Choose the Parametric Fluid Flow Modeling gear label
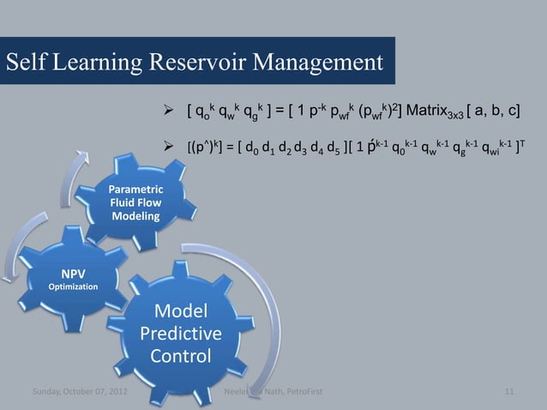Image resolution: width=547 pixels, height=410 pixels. click(x=135, y=202)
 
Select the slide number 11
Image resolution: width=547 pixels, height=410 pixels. click(x=509, y=393)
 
